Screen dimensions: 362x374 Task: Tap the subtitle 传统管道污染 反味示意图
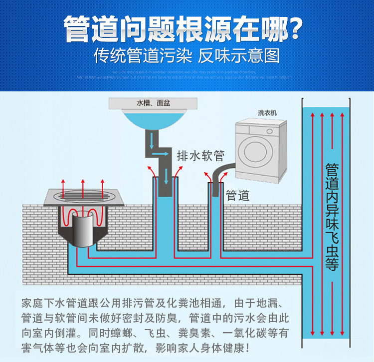tap(187, 55)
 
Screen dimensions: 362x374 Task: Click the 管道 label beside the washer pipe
tap(237, 195)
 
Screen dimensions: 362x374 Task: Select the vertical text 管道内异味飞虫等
tap(332, 217)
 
